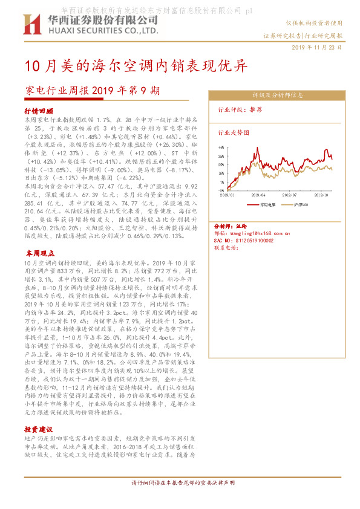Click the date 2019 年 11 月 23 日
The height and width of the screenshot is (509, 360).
click(x=316, y=47)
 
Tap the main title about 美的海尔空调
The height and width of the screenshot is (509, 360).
click(x=136, y=65)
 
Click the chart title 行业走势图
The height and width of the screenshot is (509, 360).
click(x=233, y=132)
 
